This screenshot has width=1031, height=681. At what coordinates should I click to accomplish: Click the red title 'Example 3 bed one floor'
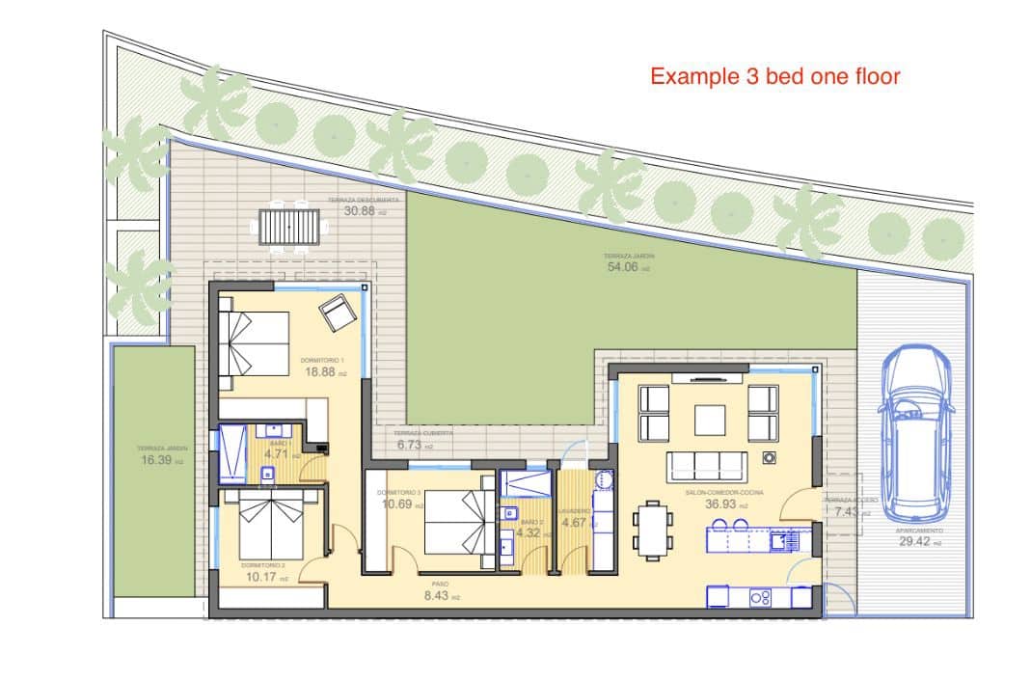click(x=774, y=76)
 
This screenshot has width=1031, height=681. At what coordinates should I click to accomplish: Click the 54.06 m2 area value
click(x=623, y=267)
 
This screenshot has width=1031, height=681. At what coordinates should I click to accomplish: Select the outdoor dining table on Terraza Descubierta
click(x=284, y=227)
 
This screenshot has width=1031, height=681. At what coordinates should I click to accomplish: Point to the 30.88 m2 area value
click(x=359, y=210)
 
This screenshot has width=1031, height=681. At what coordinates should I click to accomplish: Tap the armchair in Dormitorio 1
click(x=337, y=312)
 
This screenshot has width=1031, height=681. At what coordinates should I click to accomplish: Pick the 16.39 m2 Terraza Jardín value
click(x=156, y=460)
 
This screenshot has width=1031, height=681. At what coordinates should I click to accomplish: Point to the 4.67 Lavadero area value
click(x=574, y=523)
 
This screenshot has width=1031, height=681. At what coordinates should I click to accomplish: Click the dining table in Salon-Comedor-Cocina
click(x=653, y=529)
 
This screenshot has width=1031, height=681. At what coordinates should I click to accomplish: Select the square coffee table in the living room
click(x=710, y=418)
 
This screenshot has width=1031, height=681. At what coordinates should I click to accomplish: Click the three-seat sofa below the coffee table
click(x=709, y=466)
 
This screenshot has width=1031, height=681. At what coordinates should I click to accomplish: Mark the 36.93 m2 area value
click(x=725, y=504)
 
